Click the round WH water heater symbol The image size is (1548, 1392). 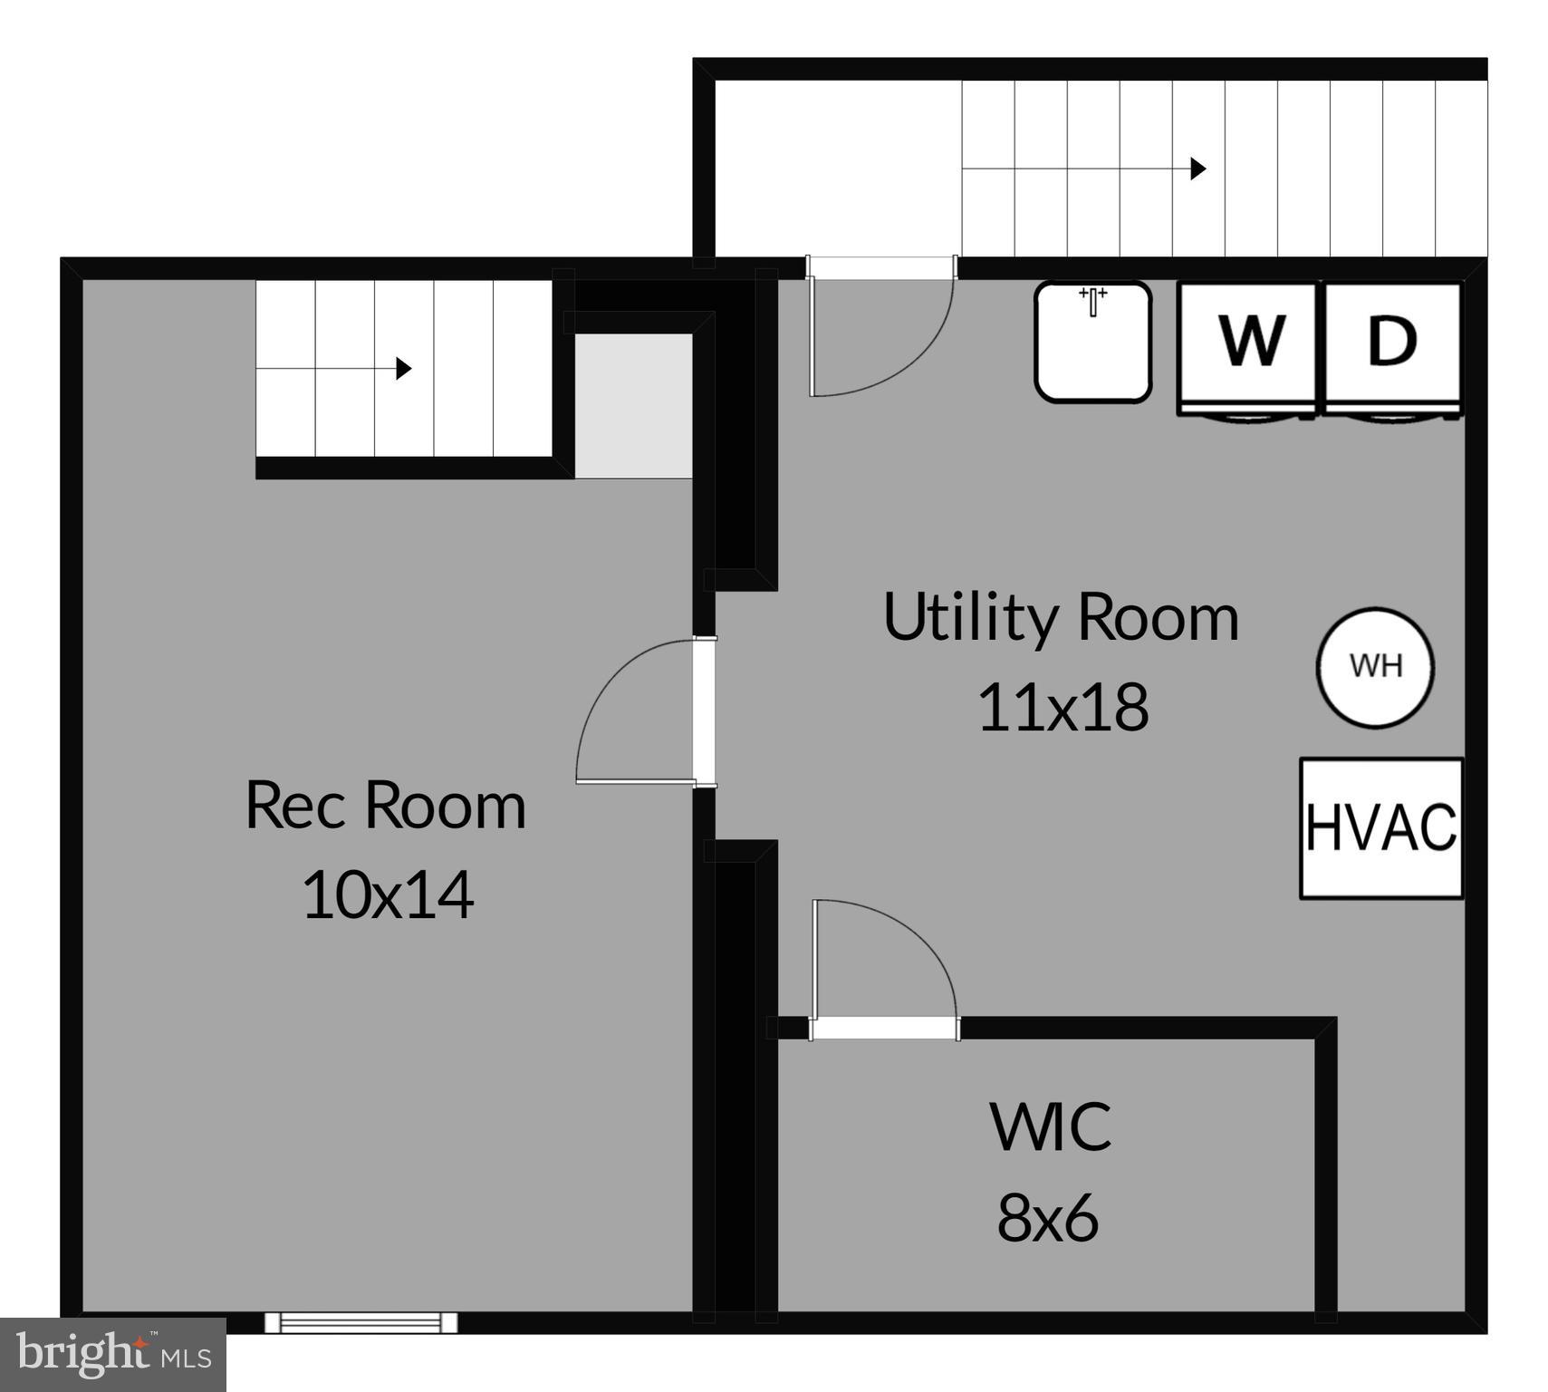coord(1375,667)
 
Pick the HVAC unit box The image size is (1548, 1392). coord(1380,828)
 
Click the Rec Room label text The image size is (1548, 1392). coord(385,805)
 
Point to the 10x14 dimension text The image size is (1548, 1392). coord(387,895)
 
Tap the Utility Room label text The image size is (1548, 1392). coord(1061,618)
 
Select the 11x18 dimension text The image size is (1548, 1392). coord(1062,708)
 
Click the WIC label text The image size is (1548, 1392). coord(1050,1127)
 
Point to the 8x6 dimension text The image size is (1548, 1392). coord(1048,1217)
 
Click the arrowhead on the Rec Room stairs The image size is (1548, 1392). coord(404,369)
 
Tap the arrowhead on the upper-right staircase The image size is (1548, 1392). coord(1197,169)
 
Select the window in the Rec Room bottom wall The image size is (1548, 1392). coord(361,1322)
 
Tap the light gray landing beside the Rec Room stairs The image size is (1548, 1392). coord(634,405)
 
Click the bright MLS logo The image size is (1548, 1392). coord(112,1354)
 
